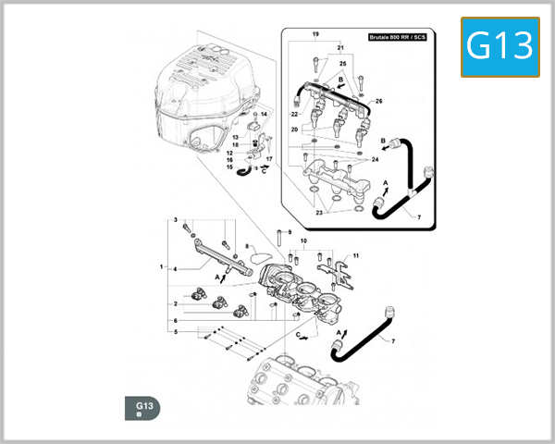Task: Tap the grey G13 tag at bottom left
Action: (x=143, y=407)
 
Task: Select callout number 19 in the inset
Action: (x=315, y=34)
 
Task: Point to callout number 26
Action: (x=378, y=100)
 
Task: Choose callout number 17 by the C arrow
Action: (x=268, y=158)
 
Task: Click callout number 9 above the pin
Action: (x=289, y=231)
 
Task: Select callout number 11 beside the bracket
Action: (x=356, y=254)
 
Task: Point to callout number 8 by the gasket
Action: (x=247, y=246)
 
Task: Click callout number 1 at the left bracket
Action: (x=161, y=267)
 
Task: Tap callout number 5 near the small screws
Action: (x=175, y=331)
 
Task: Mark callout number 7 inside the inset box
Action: (x=418, y=218)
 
